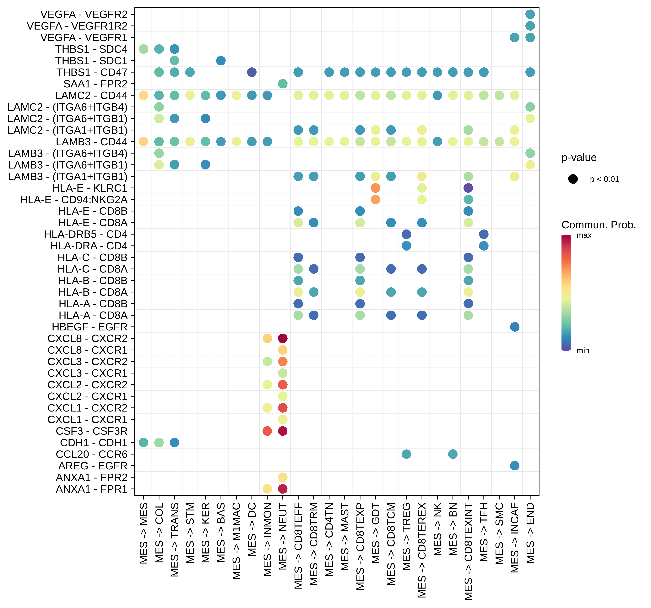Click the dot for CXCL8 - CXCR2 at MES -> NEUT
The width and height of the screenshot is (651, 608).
[283, 338]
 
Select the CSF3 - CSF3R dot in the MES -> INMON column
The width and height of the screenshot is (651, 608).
[267, 431]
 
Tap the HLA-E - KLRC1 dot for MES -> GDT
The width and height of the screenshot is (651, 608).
[375, 188]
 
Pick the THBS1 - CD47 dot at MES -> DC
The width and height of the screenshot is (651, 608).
[252, 72]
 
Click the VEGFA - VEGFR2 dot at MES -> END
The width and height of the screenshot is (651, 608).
[530, 14]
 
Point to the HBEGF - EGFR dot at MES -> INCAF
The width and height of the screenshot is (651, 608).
[514, 327]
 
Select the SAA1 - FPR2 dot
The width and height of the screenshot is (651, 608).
[283, 84]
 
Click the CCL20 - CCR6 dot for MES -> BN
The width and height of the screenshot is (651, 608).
[453, 454]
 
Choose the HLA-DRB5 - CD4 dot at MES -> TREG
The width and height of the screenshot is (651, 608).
[406, 234]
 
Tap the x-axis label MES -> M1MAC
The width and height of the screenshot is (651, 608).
[236, 541]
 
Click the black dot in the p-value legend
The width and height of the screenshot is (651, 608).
[573, 179]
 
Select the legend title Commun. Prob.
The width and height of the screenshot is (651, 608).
[598, 225]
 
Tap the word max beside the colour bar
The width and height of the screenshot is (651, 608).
[584, 235]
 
